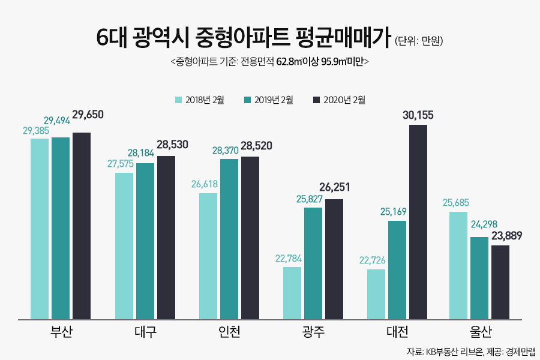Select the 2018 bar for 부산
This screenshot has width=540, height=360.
40,229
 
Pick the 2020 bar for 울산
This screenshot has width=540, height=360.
500,282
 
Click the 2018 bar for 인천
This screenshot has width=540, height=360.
208,256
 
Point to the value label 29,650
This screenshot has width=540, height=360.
88,114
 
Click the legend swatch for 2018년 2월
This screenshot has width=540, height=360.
178,100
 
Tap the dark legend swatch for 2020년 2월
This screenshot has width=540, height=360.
316,100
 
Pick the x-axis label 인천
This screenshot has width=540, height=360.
229,332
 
